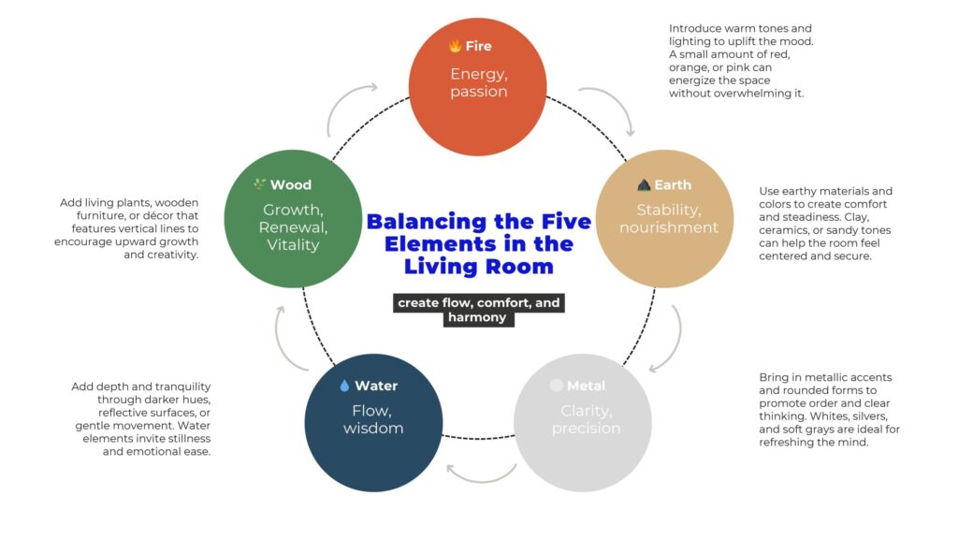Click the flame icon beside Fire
[x=455, y=46]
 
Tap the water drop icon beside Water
[x=344, y=386]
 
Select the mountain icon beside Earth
[x=644, y=185]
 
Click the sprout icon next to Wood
[x=259, y=184]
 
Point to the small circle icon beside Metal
[x=557, y=386]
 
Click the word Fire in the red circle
[x=478, y=46]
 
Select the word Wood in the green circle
[x=291, y=185]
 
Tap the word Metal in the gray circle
[x=586, y=386]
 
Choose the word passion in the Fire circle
[x=478, y=92]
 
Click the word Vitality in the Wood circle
[x=293, y=245]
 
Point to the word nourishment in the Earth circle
[x=668, y=227]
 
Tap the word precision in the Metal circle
[x=586, y=429]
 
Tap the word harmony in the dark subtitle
[x=477, y=317]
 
